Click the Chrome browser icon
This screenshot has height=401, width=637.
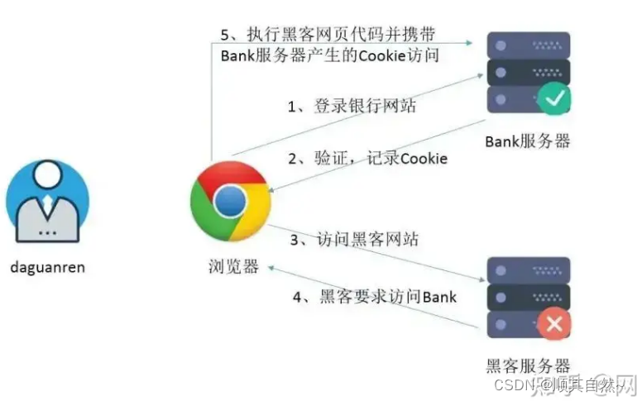pyautogui.click(x=230, y=201)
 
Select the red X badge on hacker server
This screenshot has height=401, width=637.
pyautogui.click(x=553, y=323)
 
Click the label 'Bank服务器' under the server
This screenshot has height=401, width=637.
pyautogui.click(x=527, y=141)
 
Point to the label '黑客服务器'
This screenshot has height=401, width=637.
pyautogui.click(x=527, y=365)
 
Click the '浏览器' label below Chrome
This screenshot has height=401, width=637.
pyautogui.click(x=233, y=266)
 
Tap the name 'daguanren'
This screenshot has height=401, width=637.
pyautogui.click(x=47, y=267)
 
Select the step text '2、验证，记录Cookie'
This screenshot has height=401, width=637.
pyautogui.click(x=367, y=158)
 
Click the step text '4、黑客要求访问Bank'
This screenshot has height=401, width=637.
pyautogui.click(x=375, y=296)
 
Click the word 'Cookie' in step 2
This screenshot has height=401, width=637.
pyautogui.click(x=424, y=158)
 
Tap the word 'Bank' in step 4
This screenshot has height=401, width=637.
pyautogui.click(x=439, y=296)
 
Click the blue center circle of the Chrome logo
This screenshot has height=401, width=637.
pyautogui.click(x=230, y=201)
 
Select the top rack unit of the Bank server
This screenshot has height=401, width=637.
pyautogui.click(x=527, y=42)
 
